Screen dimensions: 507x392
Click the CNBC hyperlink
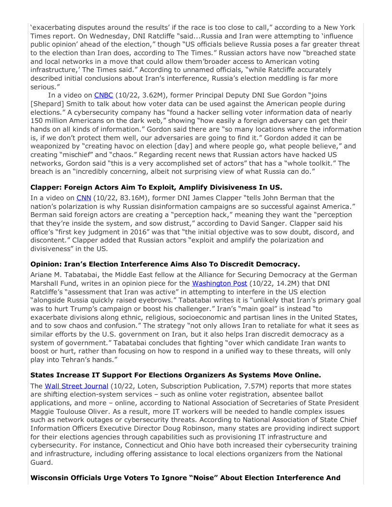(103, 96)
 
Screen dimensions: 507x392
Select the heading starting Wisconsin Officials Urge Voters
(185, 478)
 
